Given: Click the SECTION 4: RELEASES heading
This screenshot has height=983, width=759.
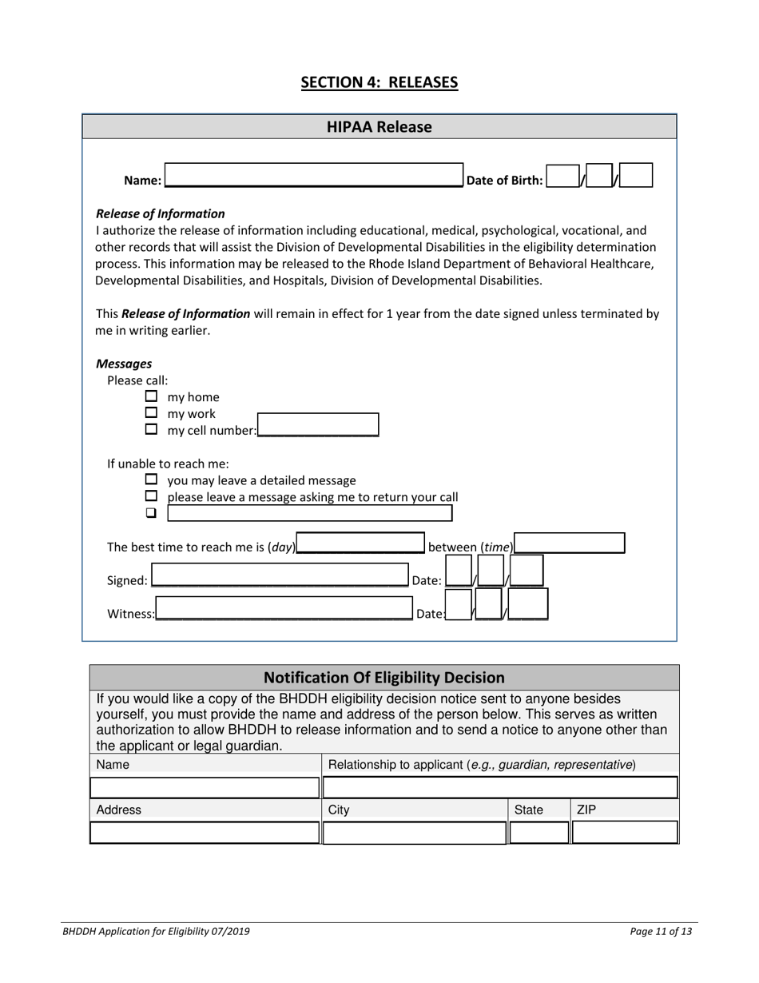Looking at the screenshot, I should pyautogui.click(x=379, y=82).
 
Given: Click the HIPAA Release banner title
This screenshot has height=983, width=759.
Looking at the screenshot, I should pyautogui.click(x=379, y=127).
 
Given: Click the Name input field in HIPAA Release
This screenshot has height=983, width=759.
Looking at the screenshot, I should pyautogui.click(x=313, y=175).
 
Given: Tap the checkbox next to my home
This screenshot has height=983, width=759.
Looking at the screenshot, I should pyautogui.click(x=151, y=396).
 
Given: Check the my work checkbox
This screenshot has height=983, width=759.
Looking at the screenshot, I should pyautogui.click(x=151, y=413).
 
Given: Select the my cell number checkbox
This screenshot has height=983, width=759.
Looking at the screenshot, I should pyautogui.click(x=151, y=430).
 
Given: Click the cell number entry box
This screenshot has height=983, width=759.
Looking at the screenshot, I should pyautogui.click(x=318, y=424).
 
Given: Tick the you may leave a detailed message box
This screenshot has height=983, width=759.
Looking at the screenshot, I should pyautogui.click(x=151, y=480).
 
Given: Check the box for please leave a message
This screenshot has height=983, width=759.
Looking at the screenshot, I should pyautogui.click(x=151, y=497).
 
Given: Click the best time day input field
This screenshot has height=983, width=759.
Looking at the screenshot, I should pyautogui.click(x=360, y=543).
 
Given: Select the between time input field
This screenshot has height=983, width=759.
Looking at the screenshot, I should pyautogui.click(x=569, y=543).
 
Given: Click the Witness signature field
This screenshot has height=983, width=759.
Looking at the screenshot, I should pyautogui.click(x=284, y=610).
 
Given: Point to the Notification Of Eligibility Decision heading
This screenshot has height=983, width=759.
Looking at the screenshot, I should pyautogui.click(x=384, y=678).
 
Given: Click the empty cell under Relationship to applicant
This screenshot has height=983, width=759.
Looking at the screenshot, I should pyautogui.click(x=500, y=787).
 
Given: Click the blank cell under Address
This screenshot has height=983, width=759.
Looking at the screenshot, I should pyautogui.click(x=205, y=833).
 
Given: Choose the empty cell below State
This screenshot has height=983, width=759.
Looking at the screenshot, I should pyautogui.click(x=539, y=833).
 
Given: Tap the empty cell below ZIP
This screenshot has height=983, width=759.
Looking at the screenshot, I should pyautogui.click(x=625, y=833).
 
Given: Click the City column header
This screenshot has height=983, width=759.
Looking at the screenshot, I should pyautogui.click(x=339, y=810).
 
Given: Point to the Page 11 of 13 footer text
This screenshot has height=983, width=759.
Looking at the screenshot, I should pyautogui.click(x=661, y=931).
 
